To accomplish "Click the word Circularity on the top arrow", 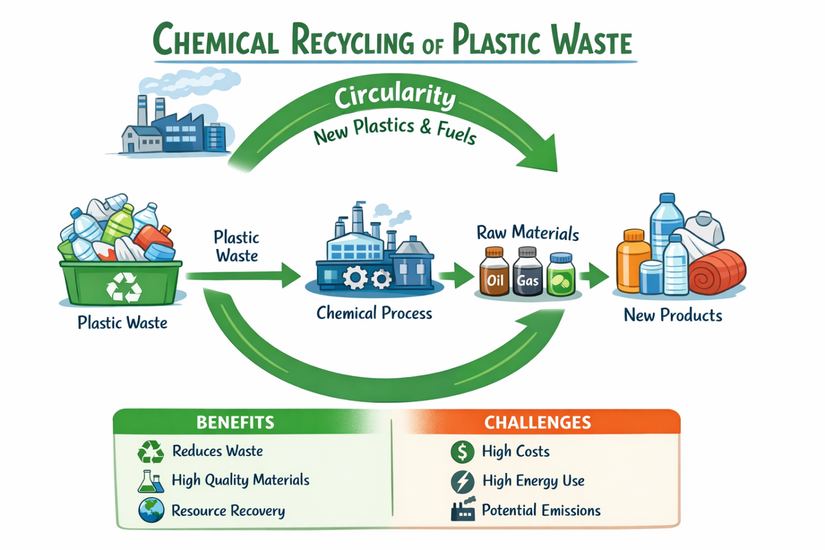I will click(x=395, y=96).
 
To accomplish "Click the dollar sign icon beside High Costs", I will click(x=462, y=451).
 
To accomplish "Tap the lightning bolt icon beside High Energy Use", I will click(x=462, y=481).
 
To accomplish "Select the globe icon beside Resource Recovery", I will click(x=151, y=510).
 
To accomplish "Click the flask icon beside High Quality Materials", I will click(x=150, y=481).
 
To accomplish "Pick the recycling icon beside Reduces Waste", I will click(x=151, y=451).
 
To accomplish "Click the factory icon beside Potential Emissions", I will click(x=463, y=509).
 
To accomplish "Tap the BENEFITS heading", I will click(x=235, y=422).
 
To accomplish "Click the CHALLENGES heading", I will click(x=537, y=422).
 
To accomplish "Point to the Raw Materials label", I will click(x=528, y=233).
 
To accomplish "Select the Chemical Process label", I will click(x=374, y=313).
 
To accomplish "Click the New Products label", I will click(x=673, y=315).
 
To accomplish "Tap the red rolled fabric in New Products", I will click(x=717, y=272).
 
